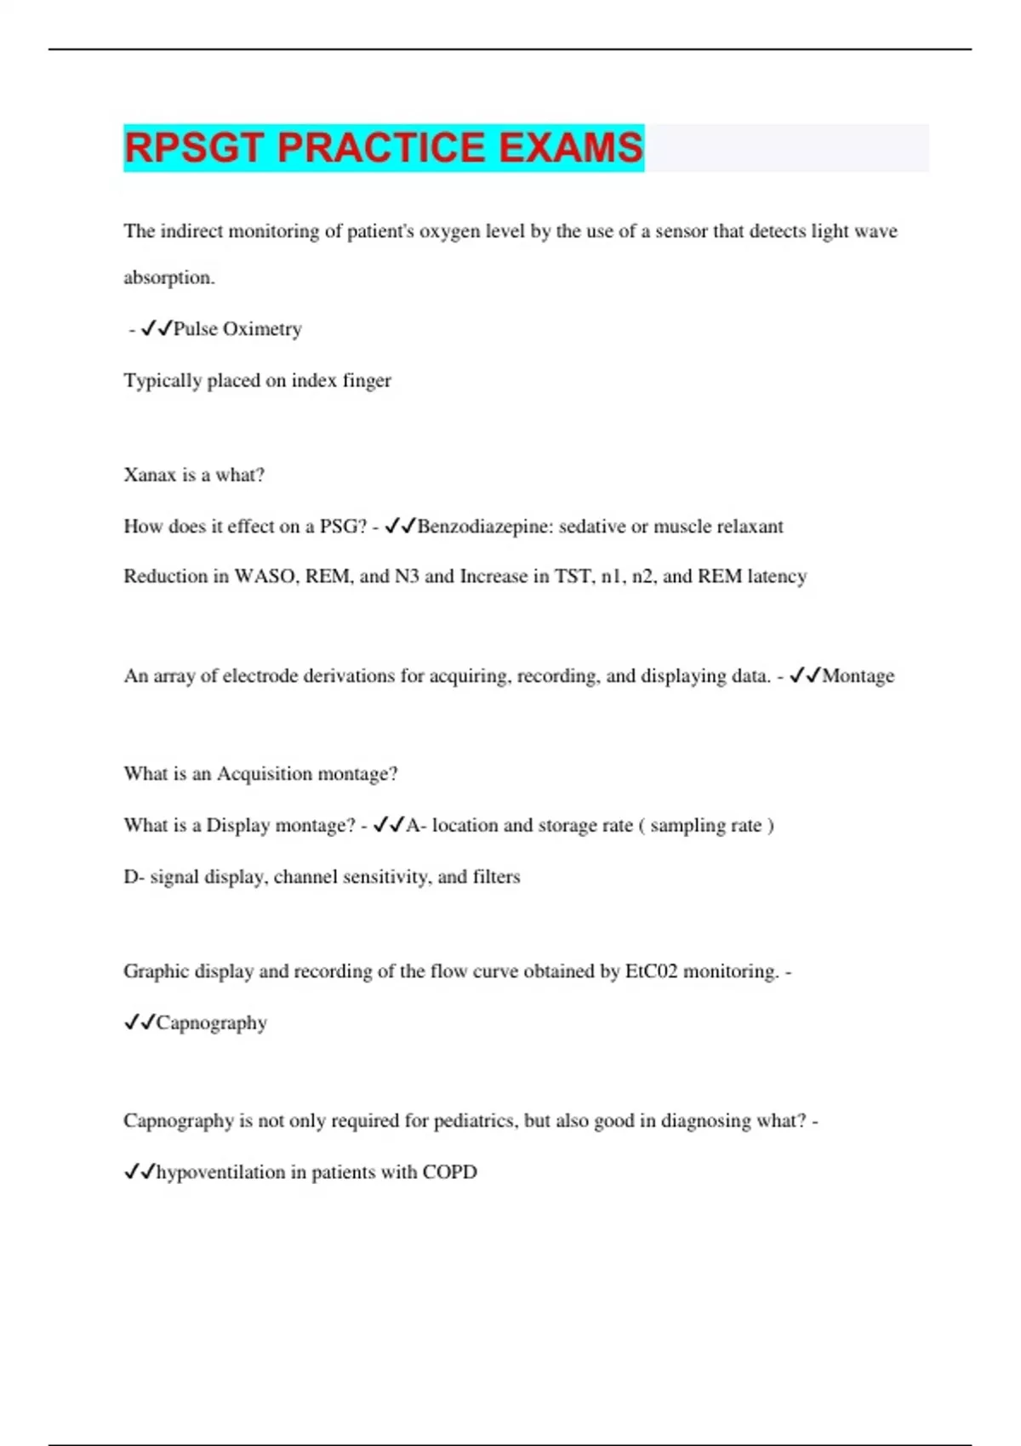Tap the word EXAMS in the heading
[570, 148]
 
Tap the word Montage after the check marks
[858, 676]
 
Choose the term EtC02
[651, 971]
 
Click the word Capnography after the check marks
[211, 1022]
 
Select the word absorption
[168, 278]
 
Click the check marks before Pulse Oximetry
[157, 328]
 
